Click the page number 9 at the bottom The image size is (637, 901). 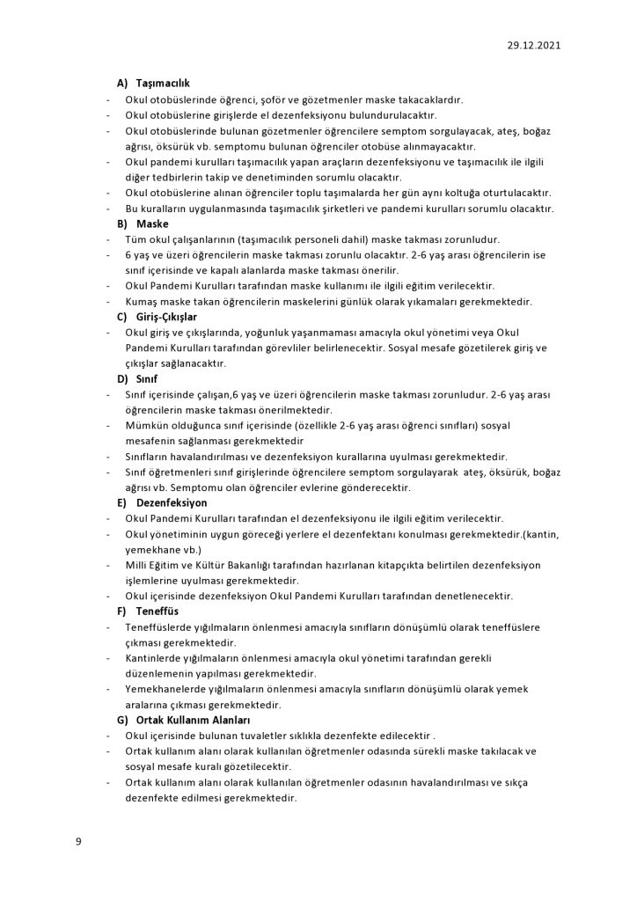coord(78,842)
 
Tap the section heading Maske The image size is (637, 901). coord(152,224)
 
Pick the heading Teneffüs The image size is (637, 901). coord(158,610)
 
